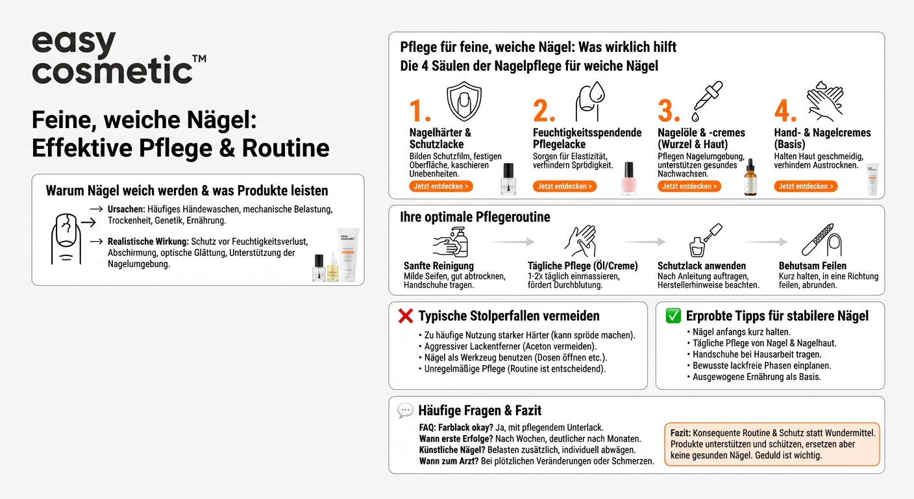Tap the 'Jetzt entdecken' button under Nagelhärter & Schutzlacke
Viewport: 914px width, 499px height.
[x=441, y=186]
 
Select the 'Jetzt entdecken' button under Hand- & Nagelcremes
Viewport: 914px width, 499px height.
[x=805, y=186]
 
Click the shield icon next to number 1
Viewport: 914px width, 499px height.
[x=464, y=102]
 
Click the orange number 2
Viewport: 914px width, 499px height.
[x=544, y=112]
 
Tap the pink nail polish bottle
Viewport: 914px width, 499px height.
[x=628, y=179]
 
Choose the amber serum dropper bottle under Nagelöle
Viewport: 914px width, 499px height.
[x=750, y=179]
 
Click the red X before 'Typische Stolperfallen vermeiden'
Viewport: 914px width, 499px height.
[x=405, y=316]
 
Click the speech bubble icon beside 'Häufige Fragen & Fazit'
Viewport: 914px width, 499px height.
[x=405, y=411]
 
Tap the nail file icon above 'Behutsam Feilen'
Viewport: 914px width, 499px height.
[x=821, y=240]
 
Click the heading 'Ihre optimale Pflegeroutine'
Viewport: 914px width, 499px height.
[x=475, y=217]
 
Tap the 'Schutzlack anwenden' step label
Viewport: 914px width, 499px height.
[x=702, y=266]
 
